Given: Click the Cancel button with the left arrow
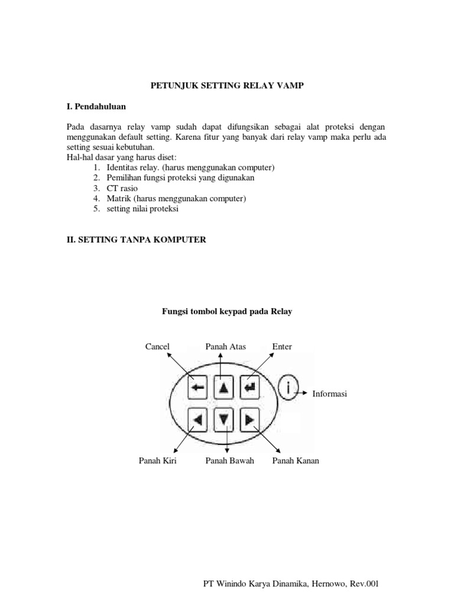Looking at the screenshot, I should point(198,388).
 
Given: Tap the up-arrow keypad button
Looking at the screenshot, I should point(223,388).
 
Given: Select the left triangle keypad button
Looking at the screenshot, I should point(198,420).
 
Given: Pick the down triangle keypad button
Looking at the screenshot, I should point(223,420).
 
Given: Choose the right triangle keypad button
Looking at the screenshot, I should point(249,420).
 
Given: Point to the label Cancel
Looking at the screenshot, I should point(157,346).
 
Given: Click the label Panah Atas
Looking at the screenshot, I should point(225,346).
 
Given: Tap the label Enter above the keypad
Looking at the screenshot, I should point(282,346).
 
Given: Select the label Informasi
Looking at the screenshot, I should point(329,394).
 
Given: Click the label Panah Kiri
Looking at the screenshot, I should point(158,460).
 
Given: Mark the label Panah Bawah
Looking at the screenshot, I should point(229,460).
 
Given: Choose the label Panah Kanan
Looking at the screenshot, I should point(295,460).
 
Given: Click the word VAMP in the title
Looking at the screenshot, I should point(293,86).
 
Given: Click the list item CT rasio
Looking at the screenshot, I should point(122,188).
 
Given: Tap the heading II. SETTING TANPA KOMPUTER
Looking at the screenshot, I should point(136,240).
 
